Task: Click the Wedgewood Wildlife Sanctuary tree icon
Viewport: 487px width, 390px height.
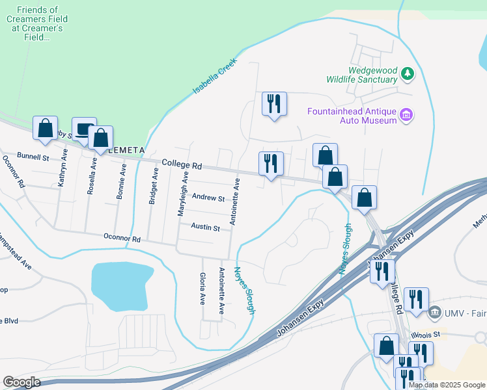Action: (x=408, y=73)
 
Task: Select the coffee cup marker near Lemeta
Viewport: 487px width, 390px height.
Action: (x=84, y=129)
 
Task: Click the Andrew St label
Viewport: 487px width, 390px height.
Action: (x=208, y=198)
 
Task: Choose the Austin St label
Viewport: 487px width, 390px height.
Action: (x=205, y=227)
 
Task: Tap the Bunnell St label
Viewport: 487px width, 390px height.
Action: (x=33, y=157)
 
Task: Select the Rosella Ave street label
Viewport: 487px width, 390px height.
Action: (x=94, y=171)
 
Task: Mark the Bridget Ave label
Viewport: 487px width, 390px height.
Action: (x=154, y=186)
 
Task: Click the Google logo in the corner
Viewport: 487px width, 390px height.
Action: (x=21, y=382)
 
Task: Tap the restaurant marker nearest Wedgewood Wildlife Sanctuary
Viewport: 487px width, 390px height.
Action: (x=273, y=104)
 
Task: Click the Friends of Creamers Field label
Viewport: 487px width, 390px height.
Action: (x=36, y=24)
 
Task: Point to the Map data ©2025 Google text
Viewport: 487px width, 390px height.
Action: (x=447, y=385)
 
